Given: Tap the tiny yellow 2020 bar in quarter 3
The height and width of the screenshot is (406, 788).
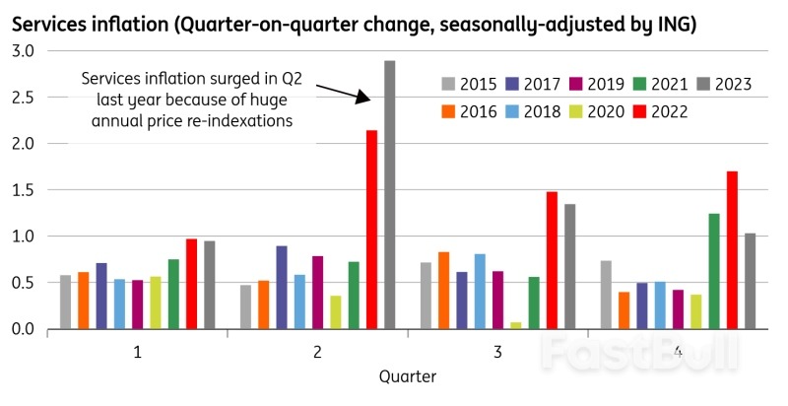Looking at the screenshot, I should point(516,325).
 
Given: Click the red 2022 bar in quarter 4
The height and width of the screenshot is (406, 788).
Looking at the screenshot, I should point(732,250).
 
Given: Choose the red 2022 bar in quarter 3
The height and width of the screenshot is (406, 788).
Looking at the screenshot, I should point(552,260).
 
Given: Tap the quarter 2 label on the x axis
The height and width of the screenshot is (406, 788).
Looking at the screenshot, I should point(317,352).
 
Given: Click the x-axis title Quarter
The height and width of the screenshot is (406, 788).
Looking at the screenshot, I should point(407,377).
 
